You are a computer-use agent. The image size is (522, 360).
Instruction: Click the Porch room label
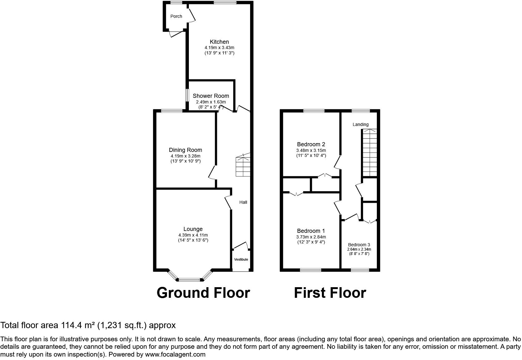tap(176, 16)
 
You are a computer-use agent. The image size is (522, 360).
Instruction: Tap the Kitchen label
tap(219, 42)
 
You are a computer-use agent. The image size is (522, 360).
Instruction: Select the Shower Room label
tap(211, 96)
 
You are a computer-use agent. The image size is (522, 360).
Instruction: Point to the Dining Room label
tap(185, 150)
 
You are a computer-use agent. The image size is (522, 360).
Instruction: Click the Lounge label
tap(193, 229)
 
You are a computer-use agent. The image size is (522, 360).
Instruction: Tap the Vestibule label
tap(241, 259)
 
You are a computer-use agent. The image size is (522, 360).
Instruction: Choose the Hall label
tap(243, 202)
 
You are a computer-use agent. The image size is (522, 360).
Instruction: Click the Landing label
tap(361, 125)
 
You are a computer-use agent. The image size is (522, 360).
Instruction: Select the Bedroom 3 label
tap(359, 245)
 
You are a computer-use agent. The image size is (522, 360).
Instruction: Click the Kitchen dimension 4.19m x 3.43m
tap(219, 47)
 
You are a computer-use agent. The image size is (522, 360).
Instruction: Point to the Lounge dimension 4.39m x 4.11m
tap(193, 235)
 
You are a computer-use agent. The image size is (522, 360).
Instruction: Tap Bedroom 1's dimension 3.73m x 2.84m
tap(311, 237)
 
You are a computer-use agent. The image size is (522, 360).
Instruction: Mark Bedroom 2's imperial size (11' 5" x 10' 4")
tap(311, 156)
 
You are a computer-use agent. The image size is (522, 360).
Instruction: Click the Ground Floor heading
tap(203, 293)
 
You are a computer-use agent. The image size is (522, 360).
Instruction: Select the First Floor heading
tap(330, 293)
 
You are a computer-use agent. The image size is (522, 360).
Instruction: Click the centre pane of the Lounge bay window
tap(190, 279)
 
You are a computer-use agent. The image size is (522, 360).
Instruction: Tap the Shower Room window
tap(187, 95)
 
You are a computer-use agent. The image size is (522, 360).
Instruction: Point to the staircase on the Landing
tap(370, 152)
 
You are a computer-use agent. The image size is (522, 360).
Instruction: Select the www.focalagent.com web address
tap(175, 354)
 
